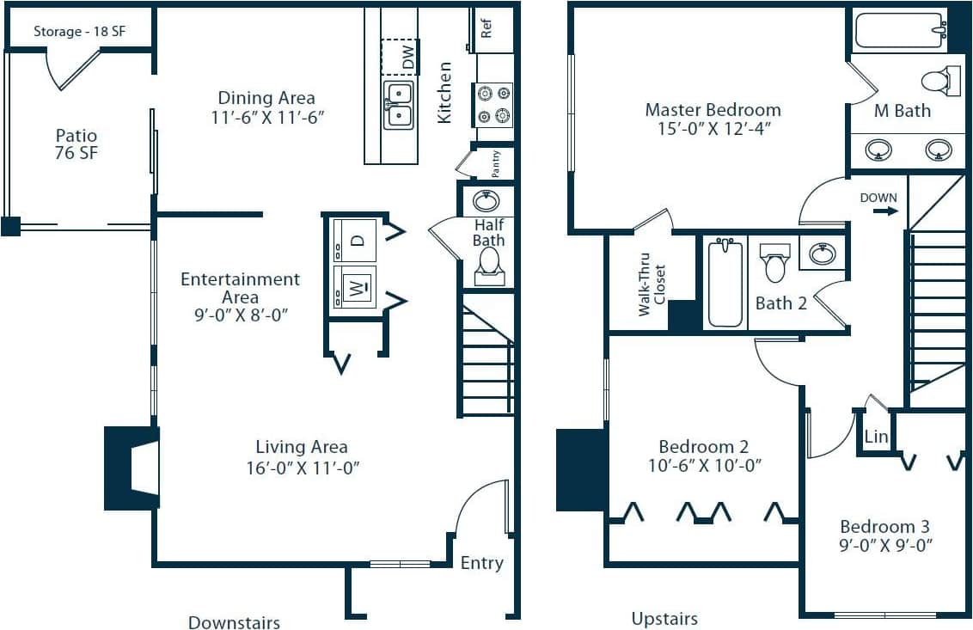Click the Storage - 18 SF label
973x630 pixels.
point(78,32)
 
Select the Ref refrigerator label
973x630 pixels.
point(486,28)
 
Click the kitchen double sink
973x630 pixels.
point(398,105)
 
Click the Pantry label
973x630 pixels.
point(496,163)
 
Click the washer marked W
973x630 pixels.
point(354,286)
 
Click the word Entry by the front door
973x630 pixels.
point(481,563)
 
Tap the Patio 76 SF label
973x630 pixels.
point(76,144)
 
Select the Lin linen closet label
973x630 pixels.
point(876,437)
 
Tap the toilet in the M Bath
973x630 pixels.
point(939,82)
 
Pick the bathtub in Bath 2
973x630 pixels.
point(725,284)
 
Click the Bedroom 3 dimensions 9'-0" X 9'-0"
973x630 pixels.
point(886,545)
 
